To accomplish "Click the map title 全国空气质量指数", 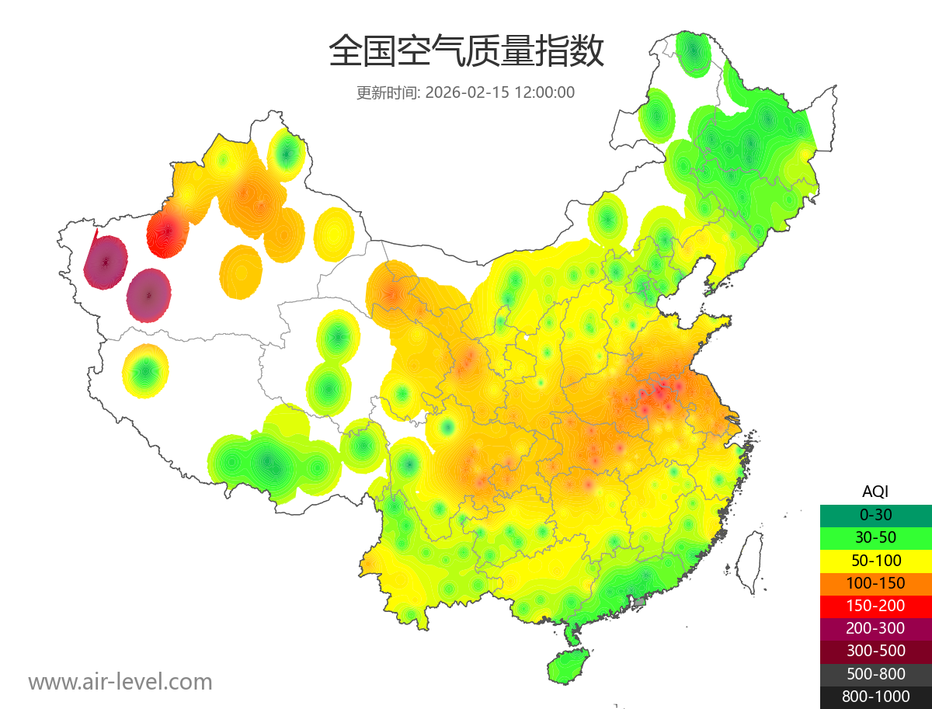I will click(466, 52).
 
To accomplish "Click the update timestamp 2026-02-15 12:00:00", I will click(499, 92).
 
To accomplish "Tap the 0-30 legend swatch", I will click(875, 515).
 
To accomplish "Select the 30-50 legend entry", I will click(875, 537).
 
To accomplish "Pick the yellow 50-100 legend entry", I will click(875, 560).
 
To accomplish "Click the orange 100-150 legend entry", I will click(875, 583).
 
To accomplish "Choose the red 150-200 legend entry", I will click(875, 606).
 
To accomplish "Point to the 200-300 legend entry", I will click(875, 628).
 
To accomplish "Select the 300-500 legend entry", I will click(875, 651).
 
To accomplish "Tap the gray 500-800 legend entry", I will click(875, 674).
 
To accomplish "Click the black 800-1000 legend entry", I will click(875, 697).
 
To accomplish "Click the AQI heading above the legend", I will click(875, 492).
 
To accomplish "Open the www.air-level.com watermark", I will click(120, 682).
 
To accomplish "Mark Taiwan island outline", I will click(748, 563).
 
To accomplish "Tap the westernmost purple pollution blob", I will click(106, 262).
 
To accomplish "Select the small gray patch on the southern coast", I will click(640, 602).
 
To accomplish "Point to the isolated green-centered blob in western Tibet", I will click(145, 372).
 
